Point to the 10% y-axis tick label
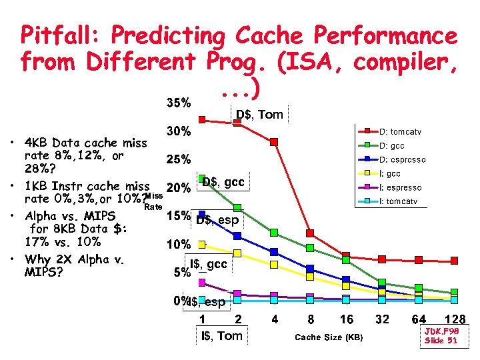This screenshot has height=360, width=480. [179, 245]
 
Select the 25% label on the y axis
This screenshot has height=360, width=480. [179, 160]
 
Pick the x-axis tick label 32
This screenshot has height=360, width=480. [381, 319]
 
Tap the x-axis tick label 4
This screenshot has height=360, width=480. [275, 319]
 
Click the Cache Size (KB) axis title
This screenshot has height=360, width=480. [329, 337]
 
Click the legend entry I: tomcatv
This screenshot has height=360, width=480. [403, 201]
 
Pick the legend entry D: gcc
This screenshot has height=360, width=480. [397, 146]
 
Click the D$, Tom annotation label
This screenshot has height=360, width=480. [259, 115]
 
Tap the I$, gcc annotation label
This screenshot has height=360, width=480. [209, 265]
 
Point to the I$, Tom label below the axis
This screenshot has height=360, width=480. [222, 335]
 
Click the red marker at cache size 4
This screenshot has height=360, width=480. [273, 142]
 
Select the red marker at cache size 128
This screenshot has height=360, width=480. [454, 261]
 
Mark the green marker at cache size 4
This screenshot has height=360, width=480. [273, 232]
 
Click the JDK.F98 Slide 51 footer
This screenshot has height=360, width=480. [441, 335]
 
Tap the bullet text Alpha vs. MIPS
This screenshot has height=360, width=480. [69, 216]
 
